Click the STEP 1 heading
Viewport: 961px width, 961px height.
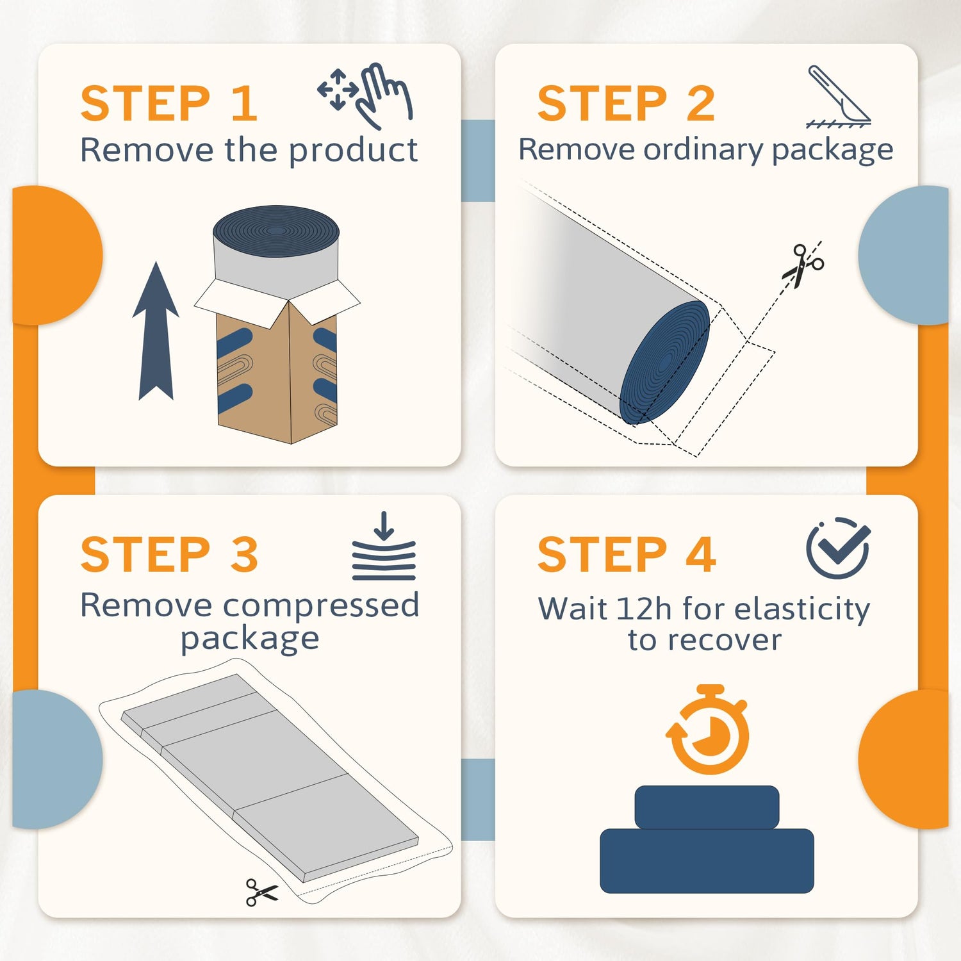point(169,104)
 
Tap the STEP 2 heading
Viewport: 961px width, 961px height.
point(626,104)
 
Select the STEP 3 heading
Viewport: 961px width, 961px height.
point(169,555)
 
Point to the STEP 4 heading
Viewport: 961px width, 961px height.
point(626,555)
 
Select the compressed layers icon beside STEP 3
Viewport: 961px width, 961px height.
point(384,546)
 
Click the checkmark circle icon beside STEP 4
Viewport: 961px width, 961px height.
point(838,548)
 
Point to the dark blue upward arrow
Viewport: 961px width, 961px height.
point(156,331)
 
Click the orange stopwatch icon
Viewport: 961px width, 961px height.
point(708,730)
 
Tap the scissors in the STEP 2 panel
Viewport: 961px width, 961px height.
point(803,265)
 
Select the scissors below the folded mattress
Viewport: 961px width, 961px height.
point(261,892)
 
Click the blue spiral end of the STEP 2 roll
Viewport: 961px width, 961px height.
point(665,363)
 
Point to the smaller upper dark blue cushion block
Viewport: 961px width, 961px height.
point(707,807)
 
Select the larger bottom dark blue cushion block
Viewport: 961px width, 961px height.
point(707,861)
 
